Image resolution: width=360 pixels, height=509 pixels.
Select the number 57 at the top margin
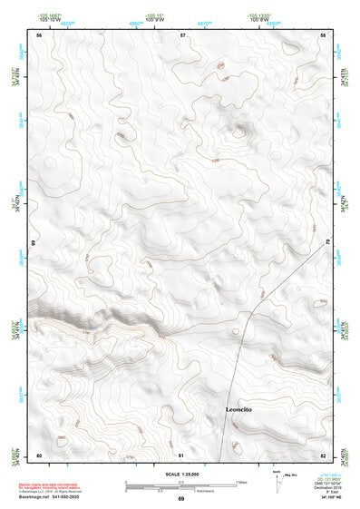click(182, 34)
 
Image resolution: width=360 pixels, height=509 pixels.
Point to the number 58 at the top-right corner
click(324, 34)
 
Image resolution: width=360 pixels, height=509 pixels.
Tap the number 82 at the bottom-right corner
click(323, 454)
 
